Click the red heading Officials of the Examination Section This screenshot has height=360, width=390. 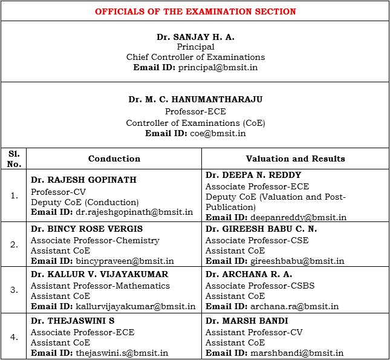195,11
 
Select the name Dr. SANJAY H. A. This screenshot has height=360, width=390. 195,37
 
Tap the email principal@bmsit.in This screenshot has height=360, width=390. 217,67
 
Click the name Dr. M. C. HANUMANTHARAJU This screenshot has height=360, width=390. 195,99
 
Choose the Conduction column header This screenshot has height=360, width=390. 114,159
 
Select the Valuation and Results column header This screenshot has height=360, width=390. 295,159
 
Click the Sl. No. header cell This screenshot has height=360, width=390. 14,159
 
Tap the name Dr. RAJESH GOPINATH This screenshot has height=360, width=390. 83,180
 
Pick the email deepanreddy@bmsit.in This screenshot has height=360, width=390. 298,217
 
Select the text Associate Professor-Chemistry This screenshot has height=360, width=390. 95,240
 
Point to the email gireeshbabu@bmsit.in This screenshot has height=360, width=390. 297,261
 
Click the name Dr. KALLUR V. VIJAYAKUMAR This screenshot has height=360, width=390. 99,274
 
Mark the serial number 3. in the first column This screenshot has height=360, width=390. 14,290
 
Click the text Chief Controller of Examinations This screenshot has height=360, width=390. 195,57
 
